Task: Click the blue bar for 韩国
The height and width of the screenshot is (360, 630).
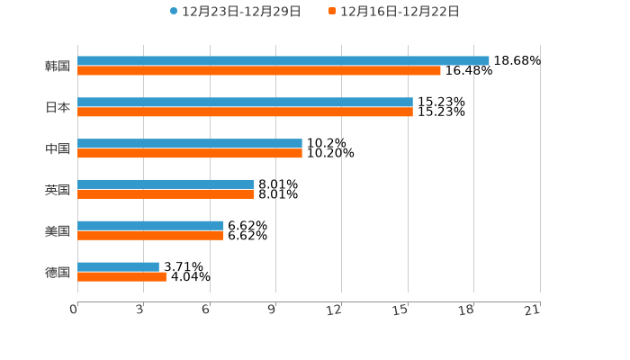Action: (x=283, y=61)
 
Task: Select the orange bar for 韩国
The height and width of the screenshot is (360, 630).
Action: (x=259, y=71)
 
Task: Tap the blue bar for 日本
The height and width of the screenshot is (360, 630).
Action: (x=245, y=103)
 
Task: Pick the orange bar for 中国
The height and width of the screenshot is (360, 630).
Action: (x=190, y=154)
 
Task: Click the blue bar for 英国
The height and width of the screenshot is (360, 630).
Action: (x=166, y=184)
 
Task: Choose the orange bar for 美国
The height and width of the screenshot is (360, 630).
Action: (x=150, y=236)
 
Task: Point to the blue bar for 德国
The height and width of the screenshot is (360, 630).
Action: (x=118, y=266)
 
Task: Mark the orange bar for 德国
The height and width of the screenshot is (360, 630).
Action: (x=121, y=277)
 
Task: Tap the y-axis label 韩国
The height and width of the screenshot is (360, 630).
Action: (x=58, y=67)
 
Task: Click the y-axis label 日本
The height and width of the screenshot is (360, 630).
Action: (x=58, y=108)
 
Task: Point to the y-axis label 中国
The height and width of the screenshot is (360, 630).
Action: (x=58, y=149)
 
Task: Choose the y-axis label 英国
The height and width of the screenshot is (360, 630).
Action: (x=58, y=191)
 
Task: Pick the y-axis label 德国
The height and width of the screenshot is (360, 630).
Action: (x=58, y=273)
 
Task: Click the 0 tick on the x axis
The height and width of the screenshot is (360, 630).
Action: (x=74, y=310)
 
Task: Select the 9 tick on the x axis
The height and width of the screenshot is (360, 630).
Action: (x=271, y=310)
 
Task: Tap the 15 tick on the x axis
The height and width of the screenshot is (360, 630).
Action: (x=401, y=310)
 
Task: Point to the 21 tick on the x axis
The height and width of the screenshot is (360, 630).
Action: (x=533, y=310)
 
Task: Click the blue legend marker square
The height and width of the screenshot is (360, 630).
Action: (x=174, y=12)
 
